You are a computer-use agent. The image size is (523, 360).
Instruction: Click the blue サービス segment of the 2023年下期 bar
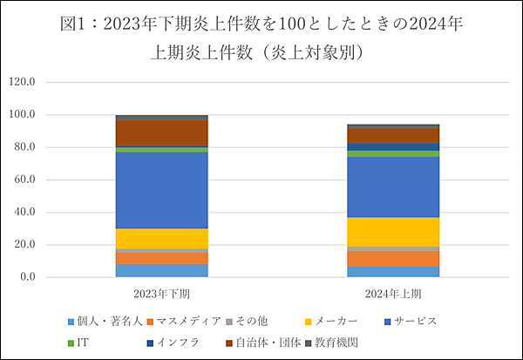(162, 190)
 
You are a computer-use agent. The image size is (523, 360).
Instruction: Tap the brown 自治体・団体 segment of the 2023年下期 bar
(162, 133)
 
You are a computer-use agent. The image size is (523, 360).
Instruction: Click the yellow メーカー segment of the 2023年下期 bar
(162, 239)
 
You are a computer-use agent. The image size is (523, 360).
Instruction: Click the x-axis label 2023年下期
(162, 294)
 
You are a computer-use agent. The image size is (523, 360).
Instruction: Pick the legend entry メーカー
(332, 321)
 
